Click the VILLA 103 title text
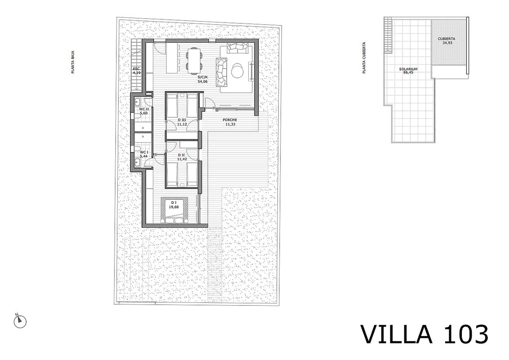pyautogui.click(x=424, y=334)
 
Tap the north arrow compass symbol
pyautogui.click(x=20, y=321)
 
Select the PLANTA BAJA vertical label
pyautogui.click(x=73, y=62)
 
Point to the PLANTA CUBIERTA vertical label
pyautogui.click(x=364, y=58)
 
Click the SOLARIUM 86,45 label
pyautogui.click(x=408, y=71)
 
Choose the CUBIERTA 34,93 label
pyautogui.click(x=446, y=40)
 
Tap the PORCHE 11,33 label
pyautogui.click(x=230, y=122)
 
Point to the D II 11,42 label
pyautogui.click(x=181, y=157)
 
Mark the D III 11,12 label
pyautogui.click(x=181, y=122)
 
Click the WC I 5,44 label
pyautogui.click(x=144, y=154)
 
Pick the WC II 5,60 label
pyautogui.click(x=143, y=111)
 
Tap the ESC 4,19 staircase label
pyautogui.click(x=136, y=71)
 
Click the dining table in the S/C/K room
pyautogui.click(x=194, y=59)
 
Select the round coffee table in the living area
pyautogui.click(x=237, y=70)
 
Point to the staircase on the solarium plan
pyautogui.click(x=388, y=35)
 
